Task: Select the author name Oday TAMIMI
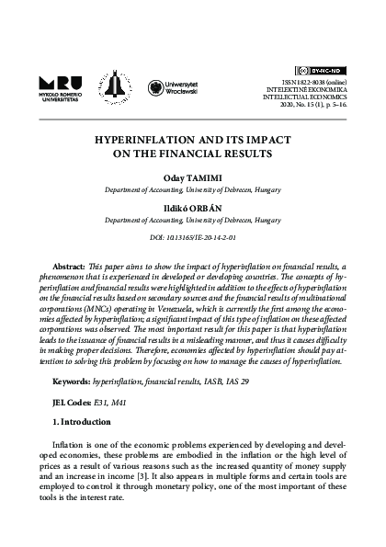192,177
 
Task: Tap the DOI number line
192,239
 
